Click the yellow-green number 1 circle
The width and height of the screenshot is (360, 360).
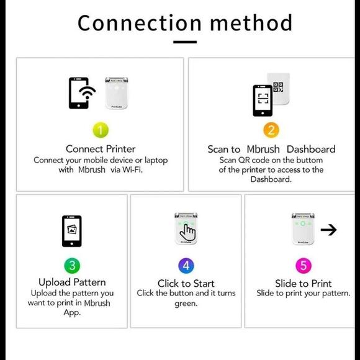101,130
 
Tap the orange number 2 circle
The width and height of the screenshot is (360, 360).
271,130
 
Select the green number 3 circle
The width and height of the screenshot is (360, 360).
72,266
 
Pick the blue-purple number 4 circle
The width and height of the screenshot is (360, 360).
186,266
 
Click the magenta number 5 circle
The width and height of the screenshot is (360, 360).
304,266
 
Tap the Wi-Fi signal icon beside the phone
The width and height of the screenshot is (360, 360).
88,92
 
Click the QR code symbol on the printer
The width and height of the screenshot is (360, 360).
278,87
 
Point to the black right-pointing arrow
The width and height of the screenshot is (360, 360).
328,230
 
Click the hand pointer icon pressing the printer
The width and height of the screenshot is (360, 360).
188,233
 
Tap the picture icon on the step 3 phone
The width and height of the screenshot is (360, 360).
72,230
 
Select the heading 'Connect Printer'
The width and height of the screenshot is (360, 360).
101,149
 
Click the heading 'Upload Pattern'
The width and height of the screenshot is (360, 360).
72,282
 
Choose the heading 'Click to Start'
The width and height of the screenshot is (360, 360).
186,283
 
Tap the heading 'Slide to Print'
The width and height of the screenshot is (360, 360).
304,283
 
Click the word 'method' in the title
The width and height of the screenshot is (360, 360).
251,23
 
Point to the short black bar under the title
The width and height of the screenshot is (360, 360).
185,42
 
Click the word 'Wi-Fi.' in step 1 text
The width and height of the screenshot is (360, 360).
132,169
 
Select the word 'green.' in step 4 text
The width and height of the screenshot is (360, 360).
186,304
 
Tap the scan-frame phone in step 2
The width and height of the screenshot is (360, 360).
263,101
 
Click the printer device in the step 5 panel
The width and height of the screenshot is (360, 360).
303,228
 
